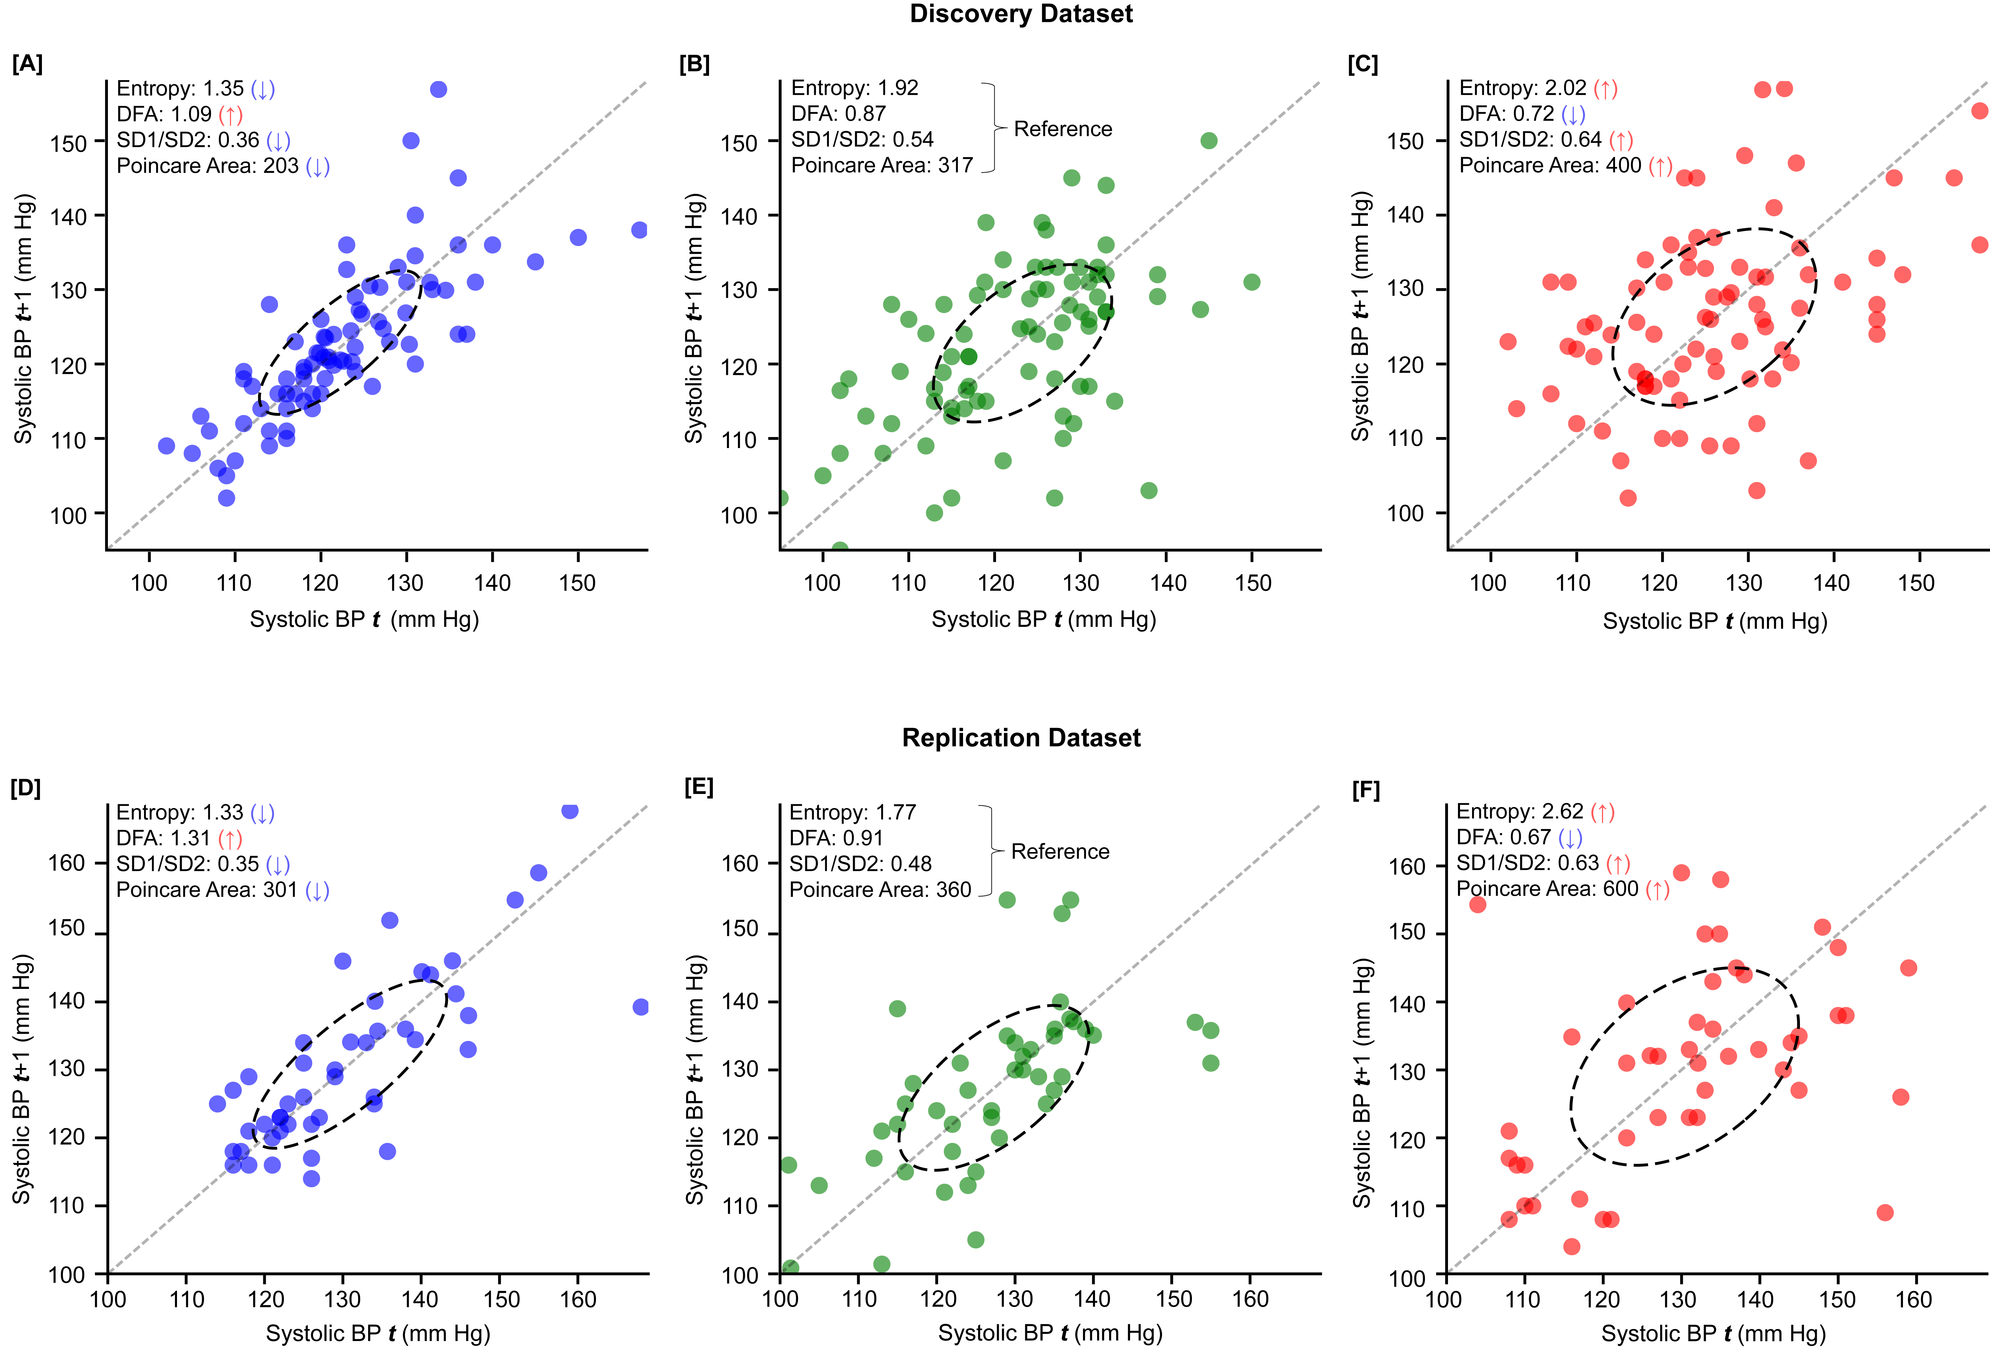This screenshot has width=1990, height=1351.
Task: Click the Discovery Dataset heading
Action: coord(1021,14)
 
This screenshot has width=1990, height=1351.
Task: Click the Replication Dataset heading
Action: coord(1021,738)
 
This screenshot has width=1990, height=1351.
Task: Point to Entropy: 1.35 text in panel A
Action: coord(180,88)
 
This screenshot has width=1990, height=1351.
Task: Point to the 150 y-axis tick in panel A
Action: coord(68,143)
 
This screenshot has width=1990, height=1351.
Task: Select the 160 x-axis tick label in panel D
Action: coord(578,1300)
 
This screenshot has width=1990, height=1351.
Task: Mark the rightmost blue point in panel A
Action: coord(639,230)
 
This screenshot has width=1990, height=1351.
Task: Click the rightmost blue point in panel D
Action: coord(641,1006)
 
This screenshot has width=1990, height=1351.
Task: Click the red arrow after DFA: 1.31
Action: coord(230,839)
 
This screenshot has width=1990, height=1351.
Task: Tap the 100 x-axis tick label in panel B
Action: coord(822,584)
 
